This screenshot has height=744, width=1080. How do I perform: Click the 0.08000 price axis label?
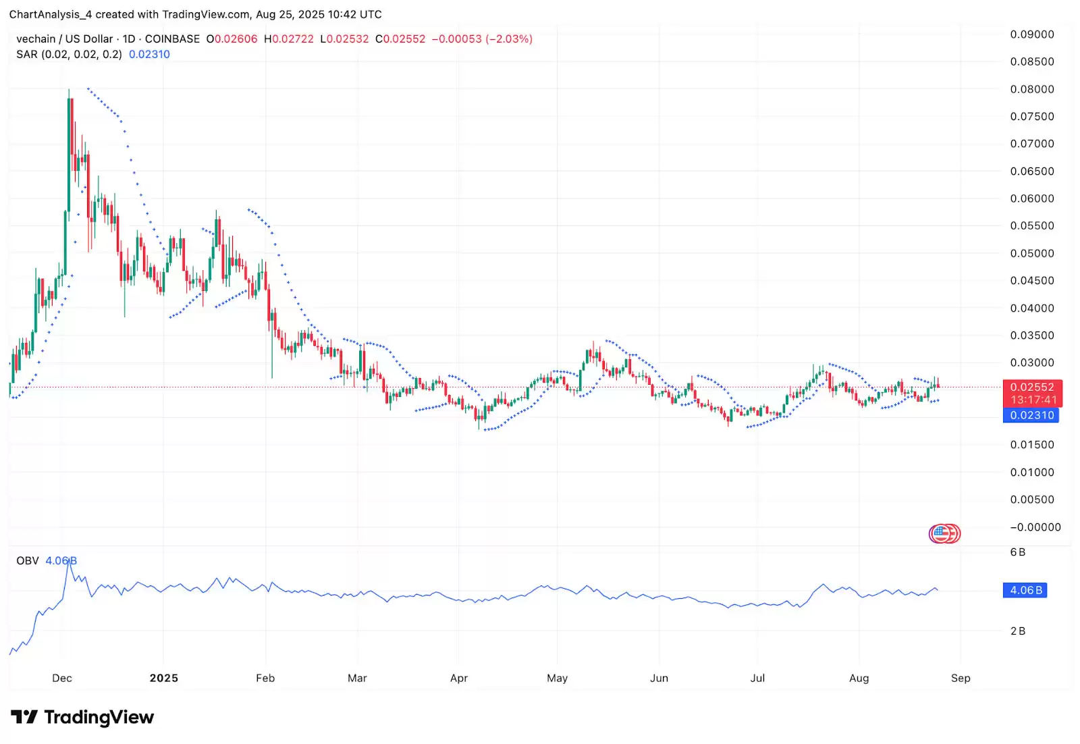pyautogui.click(x=1031, y=89)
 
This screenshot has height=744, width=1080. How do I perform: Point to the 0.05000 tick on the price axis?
pyautogui.click(x=1031, y=253)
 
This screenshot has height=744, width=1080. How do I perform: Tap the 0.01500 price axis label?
pyautogui.click(x=1031, y=445)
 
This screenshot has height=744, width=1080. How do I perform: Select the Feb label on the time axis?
pyautogui.click(x=265, y=678)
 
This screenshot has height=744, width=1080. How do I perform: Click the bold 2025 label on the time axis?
pyautogui.click(x=164, y=678)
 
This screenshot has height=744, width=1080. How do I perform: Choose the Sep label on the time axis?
pyautogui.click(x=961, y=678)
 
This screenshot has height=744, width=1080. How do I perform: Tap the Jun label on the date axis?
pyautogui.click(x=659, y=678)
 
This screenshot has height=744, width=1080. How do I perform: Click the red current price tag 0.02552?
pyautogui.click(x=1032, y=388)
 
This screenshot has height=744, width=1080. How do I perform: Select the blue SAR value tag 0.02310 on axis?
pyautogui.click(x=1031, y=415)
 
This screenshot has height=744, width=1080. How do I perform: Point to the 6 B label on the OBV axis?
pyautogui.click(x=1018, y=552)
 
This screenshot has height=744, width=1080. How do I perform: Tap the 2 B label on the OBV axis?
pyautogui.click(x=1018, y=631)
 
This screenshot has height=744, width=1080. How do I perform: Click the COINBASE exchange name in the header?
pyautogui.click(x=172, y=39)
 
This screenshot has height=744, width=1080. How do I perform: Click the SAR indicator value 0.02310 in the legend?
pyautogui.click(x=149, y=55)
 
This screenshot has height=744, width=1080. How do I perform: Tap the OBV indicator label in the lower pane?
pyautogui.click(x=28, y=561)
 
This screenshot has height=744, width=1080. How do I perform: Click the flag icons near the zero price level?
pyautogui.click(x=944, y=534)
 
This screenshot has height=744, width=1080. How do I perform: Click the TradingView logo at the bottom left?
pyautogui.click(x=82, y=717)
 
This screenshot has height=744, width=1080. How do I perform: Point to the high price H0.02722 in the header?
pyautogui.click(x=289, y=39)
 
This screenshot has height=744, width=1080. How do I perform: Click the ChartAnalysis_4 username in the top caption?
pyautogui.click(x=51, y=14)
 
